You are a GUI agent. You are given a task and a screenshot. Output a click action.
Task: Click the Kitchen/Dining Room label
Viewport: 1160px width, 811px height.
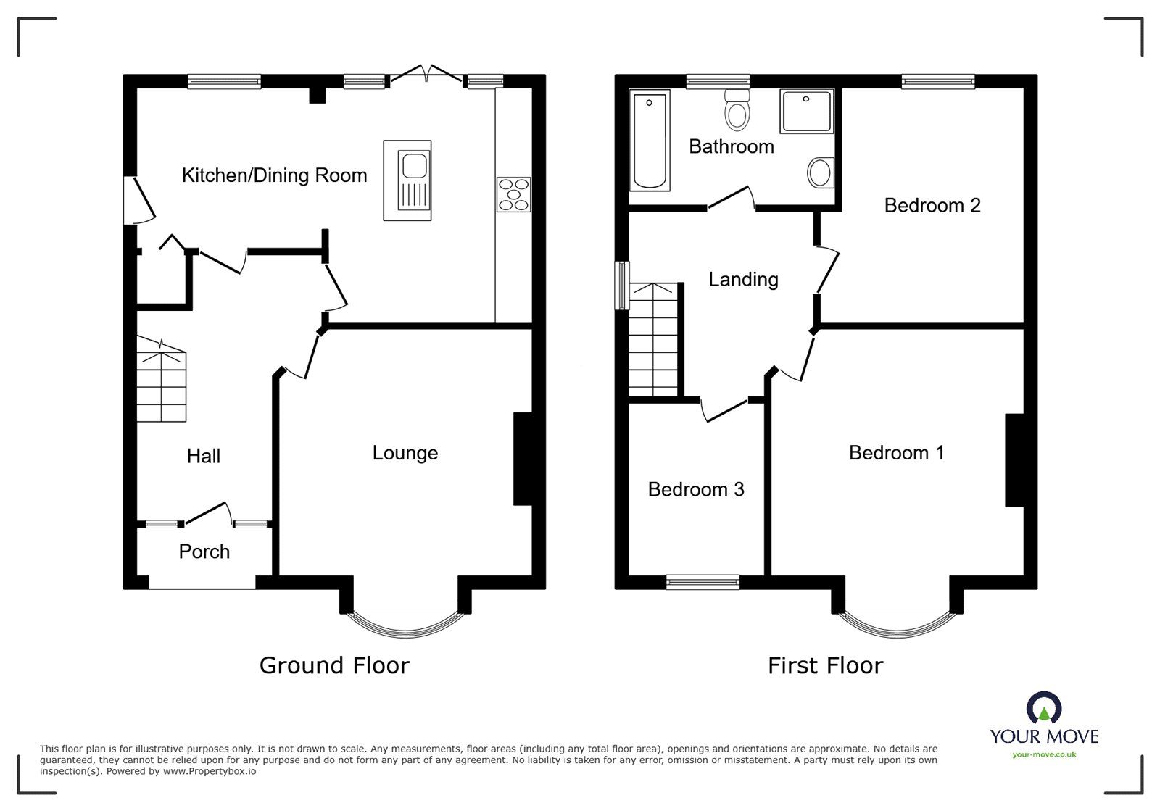pos(274,175)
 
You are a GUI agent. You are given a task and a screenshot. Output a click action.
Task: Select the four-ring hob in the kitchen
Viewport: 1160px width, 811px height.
pos(514,194)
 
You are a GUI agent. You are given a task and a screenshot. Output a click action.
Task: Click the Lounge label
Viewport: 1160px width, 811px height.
pos(405,453)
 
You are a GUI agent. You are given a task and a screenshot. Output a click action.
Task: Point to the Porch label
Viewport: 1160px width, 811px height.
pos(204,552)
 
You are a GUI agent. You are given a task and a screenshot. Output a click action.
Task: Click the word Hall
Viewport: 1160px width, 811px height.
pos(203,456)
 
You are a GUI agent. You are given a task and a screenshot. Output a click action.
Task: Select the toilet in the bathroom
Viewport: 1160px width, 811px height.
pos(737,110)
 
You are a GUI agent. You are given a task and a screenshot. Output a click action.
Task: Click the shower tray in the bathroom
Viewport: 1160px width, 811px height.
pos(806,111)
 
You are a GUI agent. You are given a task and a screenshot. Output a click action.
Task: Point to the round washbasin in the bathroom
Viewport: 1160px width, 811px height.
pos(821,173)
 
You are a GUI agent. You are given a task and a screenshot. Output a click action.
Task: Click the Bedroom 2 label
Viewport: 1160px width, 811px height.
pos(932,205)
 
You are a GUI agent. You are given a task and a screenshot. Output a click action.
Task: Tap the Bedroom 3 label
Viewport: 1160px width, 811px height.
pos(695,490)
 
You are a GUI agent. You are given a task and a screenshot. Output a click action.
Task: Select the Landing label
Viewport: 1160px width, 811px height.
pos(743,279)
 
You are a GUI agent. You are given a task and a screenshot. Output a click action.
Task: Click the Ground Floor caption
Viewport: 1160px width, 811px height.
pos(334,665)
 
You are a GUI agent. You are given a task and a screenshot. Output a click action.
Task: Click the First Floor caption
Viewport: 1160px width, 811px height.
pos(825,665)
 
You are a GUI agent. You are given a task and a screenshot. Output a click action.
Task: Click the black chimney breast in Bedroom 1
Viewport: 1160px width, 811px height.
pos(1014,459)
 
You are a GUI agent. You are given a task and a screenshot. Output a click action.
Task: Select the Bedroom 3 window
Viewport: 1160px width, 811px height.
pos(703,580)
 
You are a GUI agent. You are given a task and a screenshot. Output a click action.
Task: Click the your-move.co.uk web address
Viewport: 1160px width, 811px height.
pos(1044,754)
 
